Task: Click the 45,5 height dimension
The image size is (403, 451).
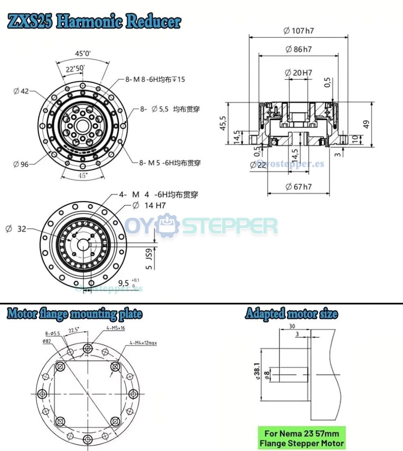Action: point(223,123)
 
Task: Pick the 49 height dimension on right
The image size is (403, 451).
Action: point(367,124)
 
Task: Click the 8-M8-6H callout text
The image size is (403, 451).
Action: point(155,79)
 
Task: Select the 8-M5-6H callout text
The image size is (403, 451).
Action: point(170,163)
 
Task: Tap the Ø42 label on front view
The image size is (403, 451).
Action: point(21,91)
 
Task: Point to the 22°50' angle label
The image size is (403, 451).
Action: point(73,68)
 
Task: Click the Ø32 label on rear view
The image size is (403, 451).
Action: point(16,229)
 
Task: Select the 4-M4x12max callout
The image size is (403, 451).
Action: point(143,343)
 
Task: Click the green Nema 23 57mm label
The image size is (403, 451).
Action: point(301,438)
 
